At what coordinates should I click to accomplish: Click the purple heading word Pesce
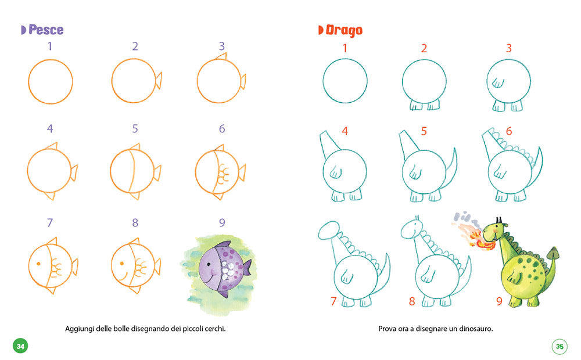click(x=46, y=30)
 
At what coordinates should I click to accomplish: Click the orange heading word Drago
click(x=343, y=30)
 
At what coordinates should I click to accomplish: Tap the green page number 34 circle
click(x=20, y=346)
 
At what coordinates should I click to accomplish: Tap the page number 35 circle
click(x=560, y=347)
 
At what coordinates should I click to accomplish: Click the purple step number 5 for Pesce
click(x=135, y=129)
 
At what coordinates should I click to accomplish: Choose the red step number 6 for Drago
click(x=508, y=131)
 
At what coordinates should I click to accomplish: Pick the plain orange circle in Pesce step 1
click(x=50, y=81)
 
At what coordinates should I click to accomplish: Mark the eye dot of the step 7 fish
click(x=38, y=264)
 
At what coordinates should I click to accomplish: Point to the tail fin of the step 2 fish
click(x=158, y=81)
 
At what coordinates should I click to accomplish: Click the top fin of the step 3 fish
click(x=221, y=56)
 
